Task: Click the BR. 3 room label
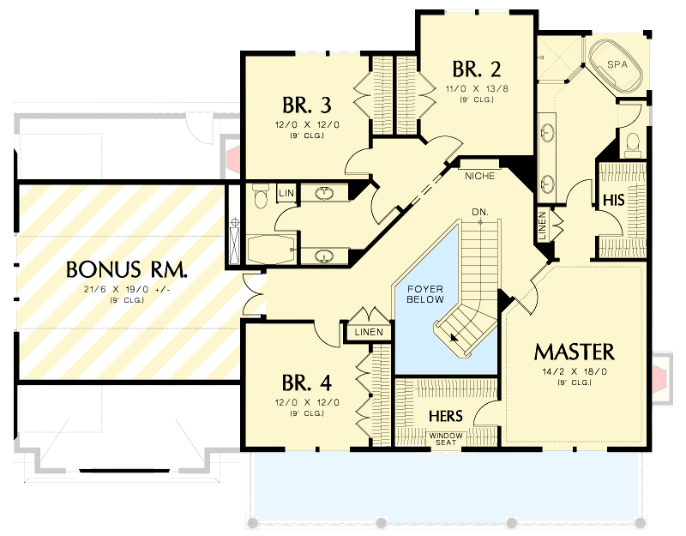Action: [x=306, y=105]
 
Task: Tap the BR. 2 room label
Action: [x=477, y=69]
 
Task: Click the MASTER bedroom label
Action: [x=574, y=352]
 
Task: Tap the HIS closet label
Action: [x=613, y=200]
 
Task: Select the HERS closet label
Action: [x=446, y=416]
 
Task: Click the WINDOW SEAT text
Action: [x=446, y=439]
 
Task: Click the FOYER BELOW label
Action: [x=424, y=294]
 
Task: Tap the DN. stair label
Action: [x=479, y=211]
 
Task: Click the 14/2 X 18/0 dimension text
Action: [x=574, y=372]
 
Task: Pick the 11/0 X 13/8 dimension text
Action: [x=477, y=88]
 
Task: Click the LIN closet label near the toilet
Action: [x=286, y=194]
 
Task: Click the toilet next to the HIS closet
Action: [x=633, y=143]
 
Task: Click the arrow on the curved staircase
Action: [x=452, y=337]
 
